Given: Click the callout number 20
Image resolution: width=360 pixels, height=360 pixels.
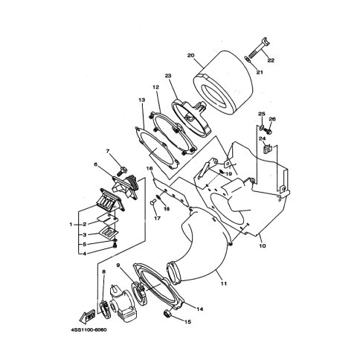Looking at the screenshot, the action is point(190,55).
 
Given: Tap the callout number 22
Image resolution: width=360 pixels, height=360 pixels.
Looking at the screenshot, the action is point(271,60).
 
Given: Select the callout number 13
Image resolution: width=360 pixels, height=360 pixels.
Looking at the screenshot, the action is point(142,100).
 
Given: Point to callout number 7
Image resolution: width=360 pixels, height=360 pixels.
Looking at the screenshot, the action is point(108,151).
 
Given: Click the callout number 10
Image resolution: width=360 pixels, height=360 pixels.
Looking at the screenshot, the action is point(263,245).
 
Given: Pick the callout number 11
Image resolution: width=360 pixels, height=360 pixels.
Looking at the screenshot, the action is point(224,283).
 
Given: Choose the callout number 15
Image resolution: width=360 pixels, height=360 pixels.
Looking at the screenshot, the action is point(187,322).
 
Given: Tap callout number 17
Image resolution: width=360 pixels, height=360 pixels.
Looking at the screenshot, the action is point(158,218).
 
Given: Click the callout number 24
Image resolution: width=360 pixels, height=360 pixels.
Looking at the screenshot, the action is point(263,138).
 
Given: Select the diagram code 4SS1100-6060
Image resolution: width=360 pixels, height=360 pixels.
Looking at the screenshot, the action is point(89,330).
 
